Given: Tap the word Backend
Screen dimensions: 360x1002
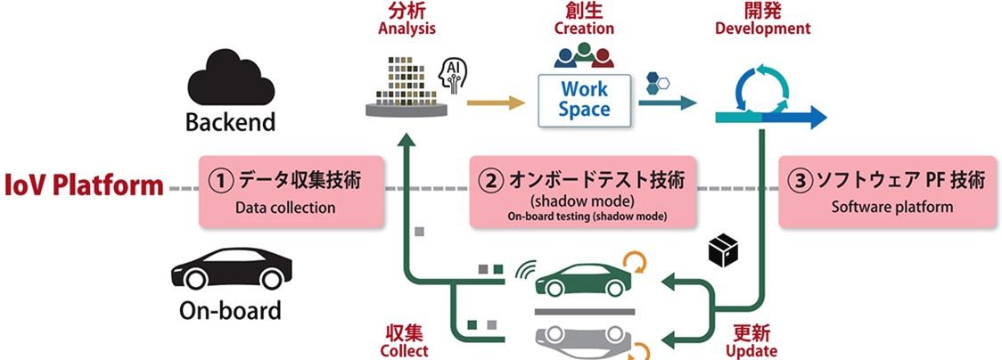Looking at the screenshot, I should [230, 122].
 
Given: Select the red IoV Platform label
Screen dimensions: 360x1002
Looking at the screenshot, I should [84, 186].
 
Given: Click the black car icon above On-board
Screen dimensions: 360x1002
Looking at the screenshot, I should [230, 266].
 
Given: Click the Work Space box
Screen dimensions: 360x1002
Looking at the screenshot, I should [585, 100].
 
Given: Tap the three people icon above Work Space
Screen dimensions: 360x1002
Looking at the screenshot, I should [584, 57].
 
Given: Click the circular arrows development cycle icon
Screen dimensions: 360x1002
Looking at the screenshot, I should [760, 87].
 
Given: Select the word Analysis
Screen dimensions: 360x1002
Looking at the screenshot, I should [407, 28].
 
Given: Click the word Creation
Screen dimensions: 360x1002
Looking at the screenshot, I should [584, 28].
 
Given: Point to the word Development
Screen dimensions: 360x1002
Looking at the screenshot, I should [763, 28].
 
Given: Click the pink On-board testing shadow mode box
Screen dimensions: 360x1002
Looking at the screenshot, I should [584, 192].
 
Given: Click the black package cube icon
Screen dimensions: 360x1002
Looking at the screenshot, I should [723, 253].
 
